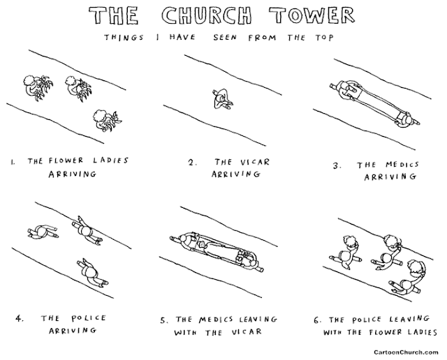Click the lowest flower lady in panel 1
point(105,119)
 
